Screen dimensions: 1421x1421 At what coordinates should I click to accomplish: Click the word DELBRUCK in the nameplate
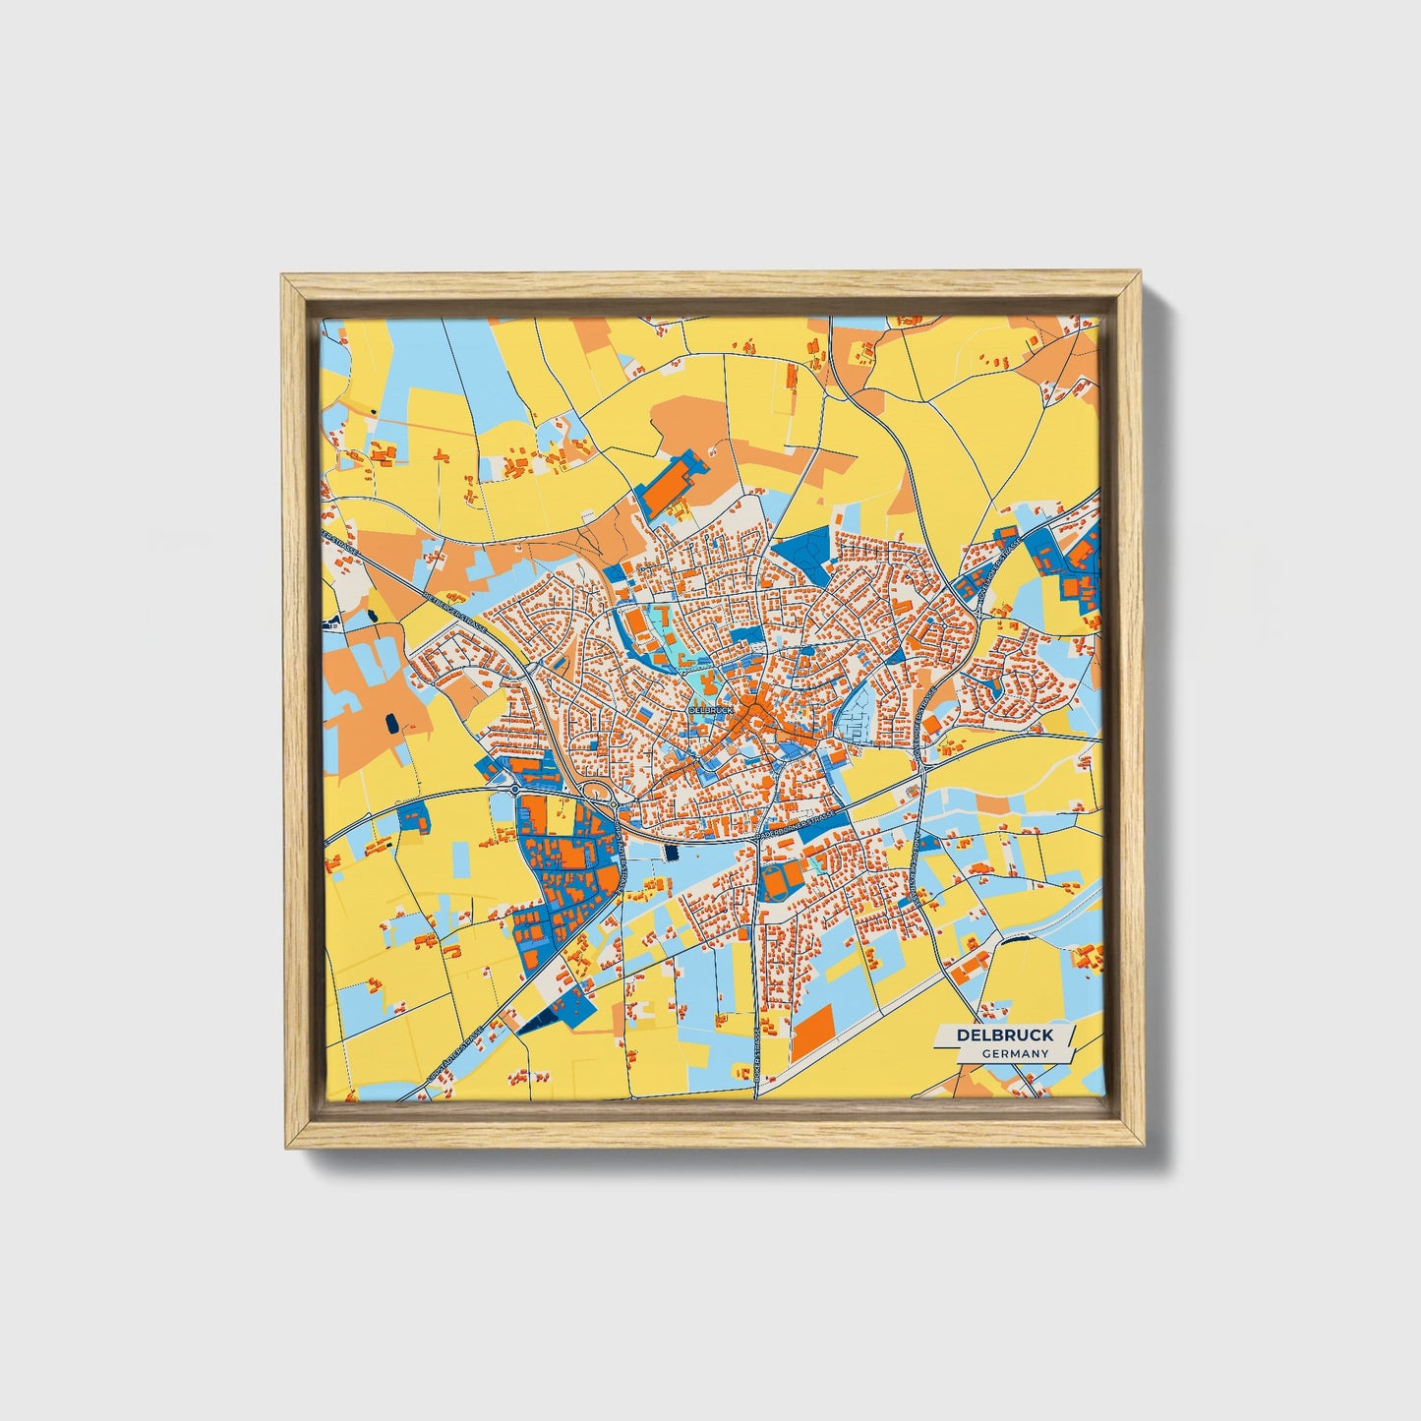coord(1004,1035)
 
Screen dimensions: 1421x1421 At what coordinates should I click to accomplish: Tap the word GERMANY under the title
coord(1015,1053)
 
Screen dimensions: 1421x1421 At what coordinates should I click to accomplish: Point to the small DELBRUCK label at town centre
coord(711,709)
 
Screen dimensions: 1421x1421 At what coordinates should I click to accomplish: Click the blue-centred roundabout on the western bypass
coord(514,789)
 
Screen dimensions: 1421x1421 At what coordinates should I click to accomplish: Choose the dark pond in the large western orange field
coord(393,724)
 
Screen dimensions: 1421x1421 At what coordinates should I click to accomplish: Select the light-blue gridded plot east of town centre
coord(854,721)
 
